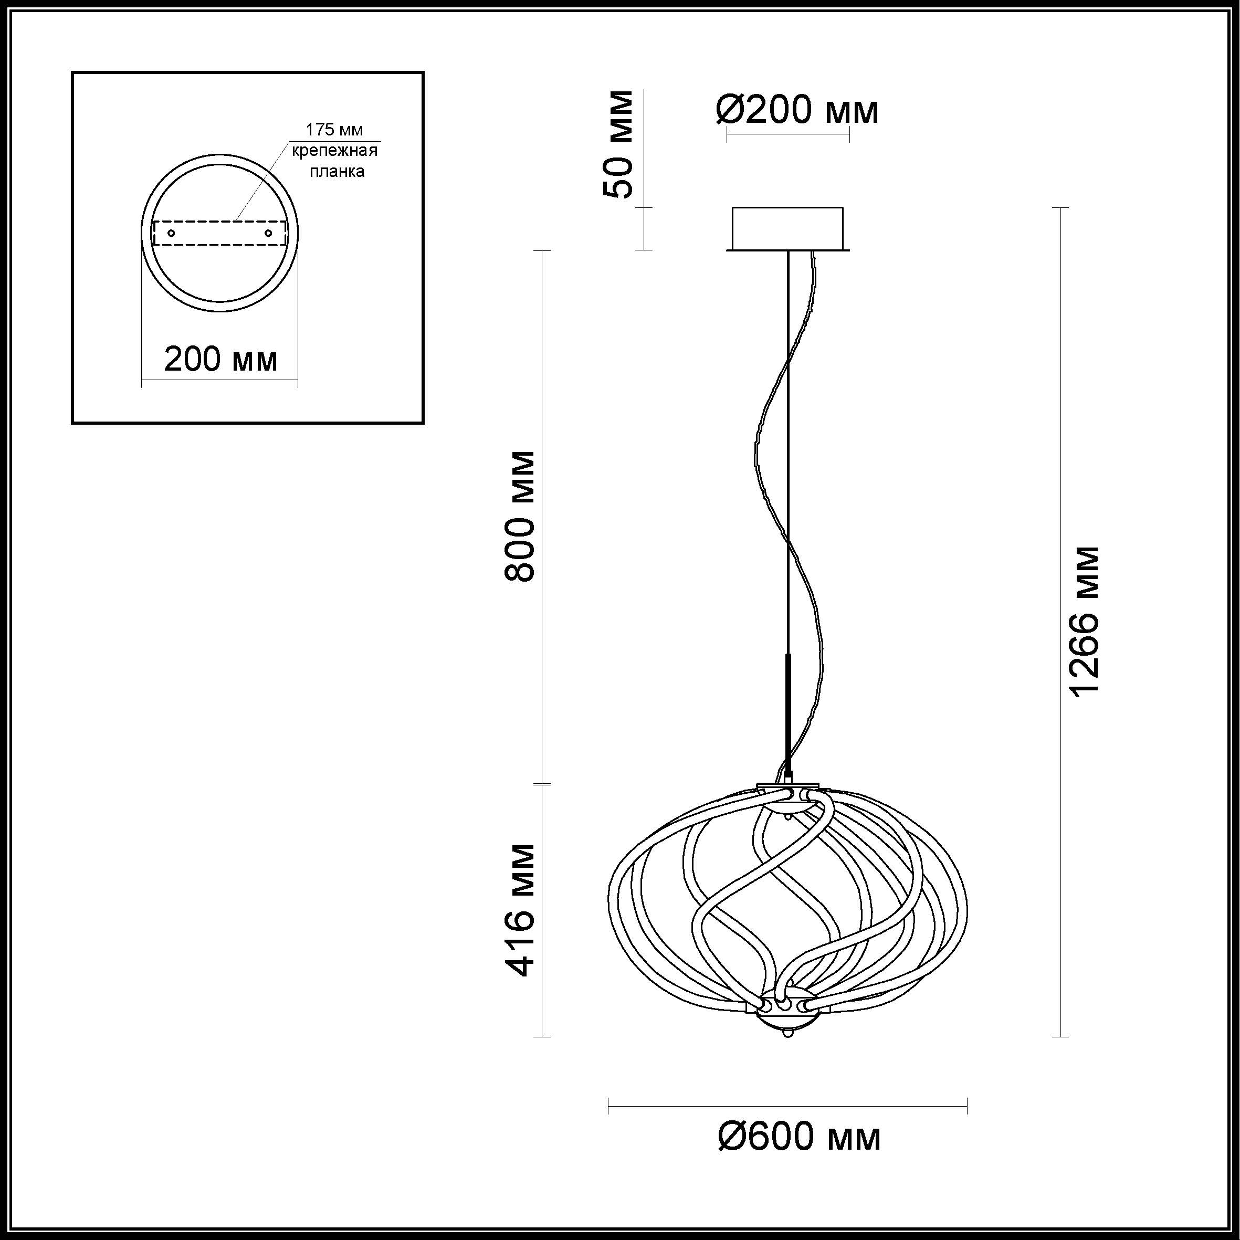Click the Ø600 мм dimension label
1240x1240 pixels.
coord(799,1137)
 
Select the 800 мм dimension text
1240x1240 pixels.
coord(519,516)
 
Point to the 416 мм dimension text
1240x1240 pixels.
coord(519,910)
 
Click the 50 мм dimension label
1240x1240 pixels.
coord(618,144)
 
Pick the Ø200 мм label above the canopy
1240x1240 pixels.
coord(797,110)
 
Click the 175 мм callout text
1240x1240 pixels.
coord(334,130)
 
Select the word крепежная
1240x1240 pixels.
coord(335,151)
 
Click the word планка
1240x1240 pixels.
coord(337,171)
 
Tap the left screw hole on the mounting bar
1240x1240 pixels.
coord(171,233)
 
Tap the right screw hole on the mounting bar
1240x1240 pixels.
coord(268,233)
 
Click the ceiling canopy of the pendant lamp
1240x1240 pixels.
coord(788,229)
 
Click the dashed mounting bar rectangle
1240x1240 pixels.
coord(220,233)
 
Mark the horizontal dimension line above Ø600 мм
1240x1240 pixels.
coord(787,1105)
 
